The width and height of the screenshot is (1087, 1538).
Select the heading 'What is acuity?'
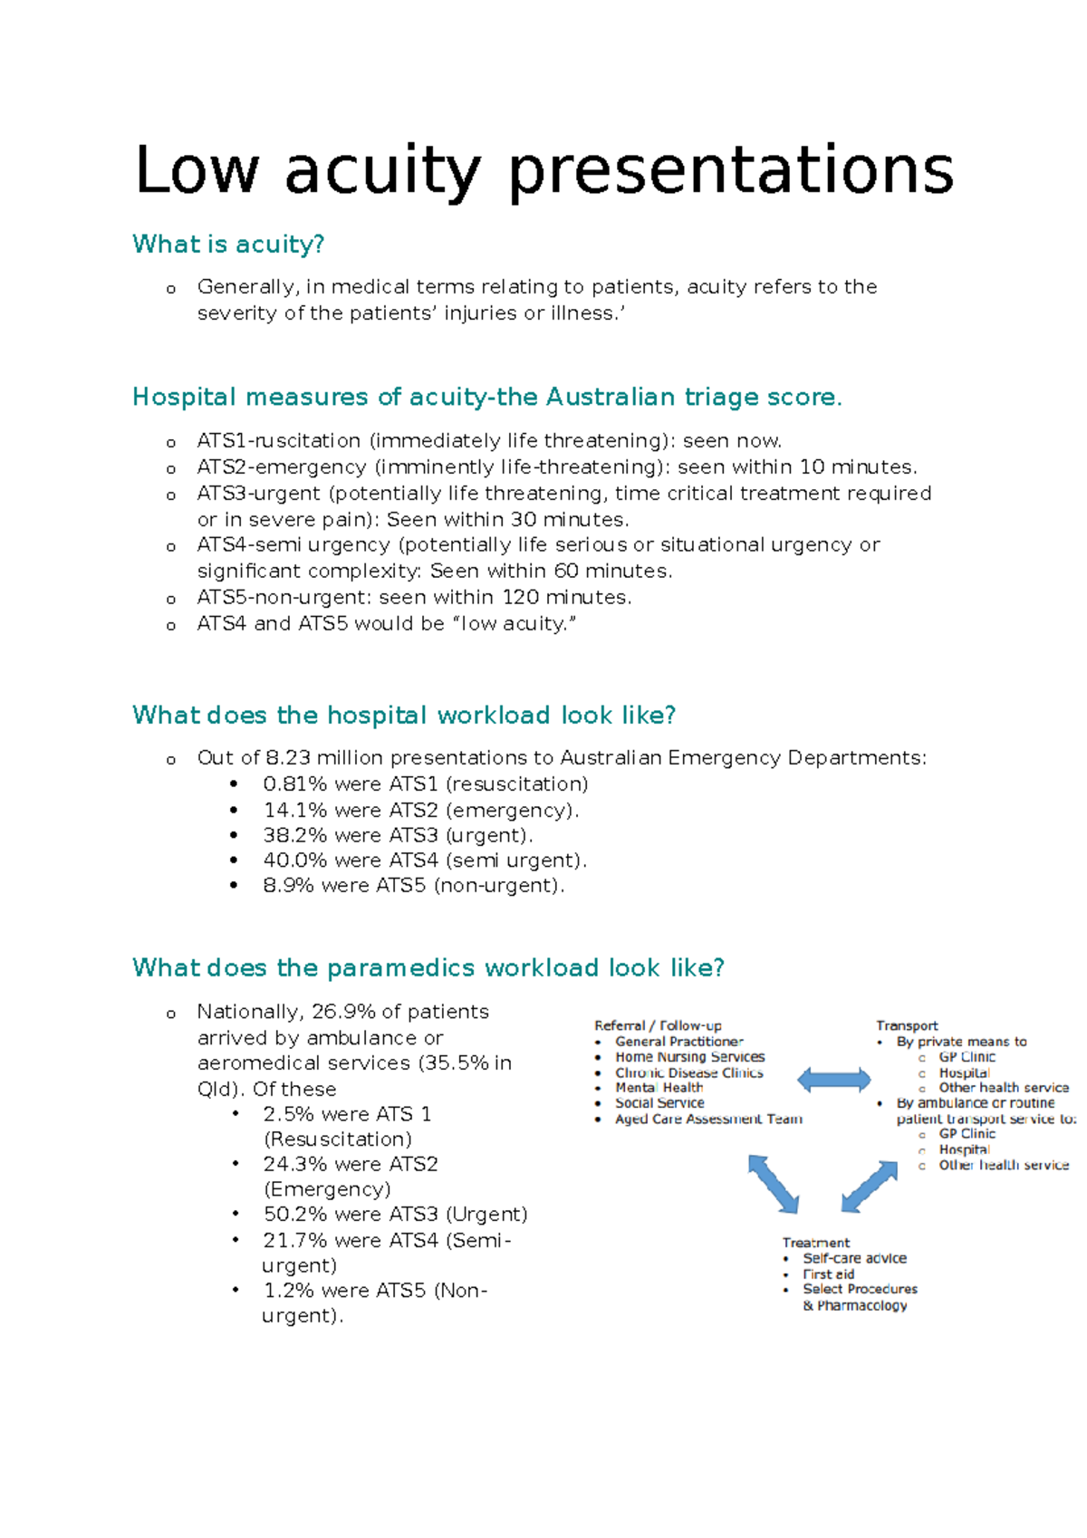228,245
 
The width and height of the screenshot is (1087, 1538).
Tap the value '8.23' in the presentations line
287,758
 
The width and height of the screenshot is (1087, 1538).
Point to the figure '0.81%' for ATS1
295,784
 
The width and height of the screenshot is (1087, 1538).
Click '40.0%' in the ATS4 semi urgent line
295,860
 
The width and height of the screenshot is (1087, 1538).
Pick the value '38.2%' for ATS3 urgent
295,835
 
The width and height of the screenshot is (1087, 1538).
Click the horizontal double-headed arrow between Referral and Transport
834,1079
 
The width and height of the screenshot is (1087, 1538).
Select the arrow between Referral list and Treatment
773,1184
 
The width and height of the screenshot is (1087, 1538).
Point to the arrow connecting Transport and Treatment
870,1186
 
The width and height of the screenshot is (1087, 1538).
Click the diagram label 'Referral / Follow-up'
658,1025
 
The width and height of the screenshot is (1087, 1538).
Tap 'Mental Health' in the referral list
659,1088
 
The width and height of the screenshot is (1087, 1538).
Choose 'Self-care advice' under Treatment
854,1258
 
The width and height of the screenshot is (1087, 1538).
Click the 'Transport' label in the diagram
907,1025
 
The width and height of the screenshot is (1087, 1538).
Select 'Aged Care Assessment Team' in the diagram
708,1120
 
